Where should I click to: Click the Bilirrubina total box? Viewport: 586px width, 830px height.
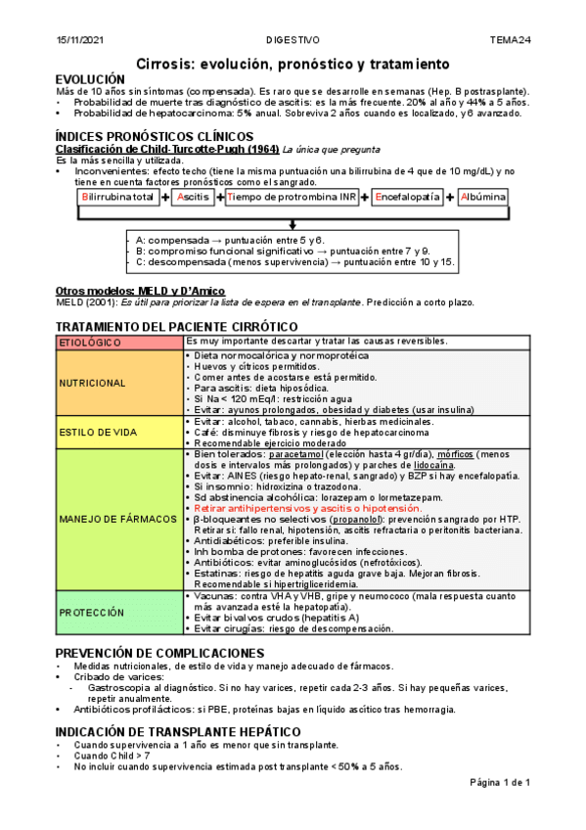point(118,197)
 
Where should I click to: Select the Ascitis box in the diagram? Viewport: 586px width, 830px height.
point(195,197)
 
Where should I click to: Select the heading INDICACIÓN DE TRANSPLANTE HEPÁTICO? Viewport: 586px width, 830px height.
point(178,731)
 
